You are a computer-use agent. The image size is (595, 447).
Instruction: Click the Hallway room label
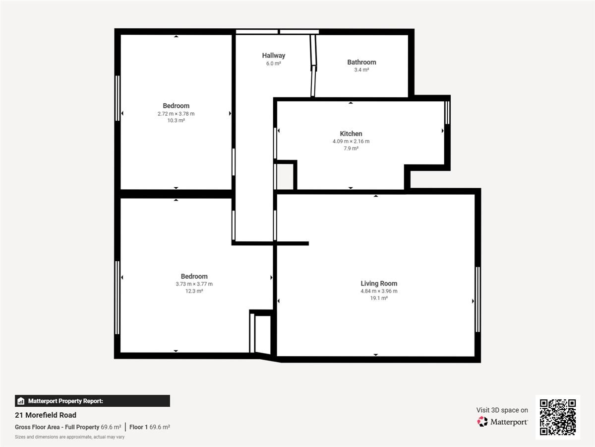coord(274,56)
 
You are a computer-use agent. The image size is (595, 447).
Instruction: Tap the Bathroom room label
coord(361,62)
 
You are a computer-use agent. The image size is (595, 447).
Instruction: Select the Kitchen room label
coord(351,134)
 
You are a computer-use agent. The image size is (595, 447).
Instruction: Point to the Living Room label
coord(379,283)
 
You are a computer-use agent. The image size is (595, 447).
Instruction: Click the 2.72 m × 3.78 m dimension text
coord(176,114)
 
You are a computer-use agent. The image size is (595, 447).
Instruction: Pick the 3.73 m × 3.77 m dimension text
coord(194,284)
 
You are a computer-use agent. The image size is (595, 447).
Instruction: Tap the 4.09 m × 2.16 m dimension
coord(351,141)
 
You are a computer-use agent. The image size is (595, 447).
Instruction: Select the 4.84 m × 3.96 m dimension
coord(379,291)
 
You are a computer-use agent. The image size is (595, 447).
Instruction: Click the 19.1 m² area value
coord(379,298)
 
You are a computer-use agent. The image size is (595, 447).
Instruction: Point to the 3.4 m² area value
coord(361,70)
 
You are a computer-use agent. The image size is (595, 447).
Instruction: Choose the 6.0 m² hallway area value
coord(273,64)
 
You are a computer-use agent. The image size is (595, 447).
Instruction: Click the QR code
coord(558,417)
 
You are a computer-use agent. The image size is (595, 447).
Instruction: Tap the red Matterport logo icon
coord(482,422)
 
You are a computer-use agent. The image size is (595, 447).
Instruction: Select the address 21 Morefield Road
coord(46,415)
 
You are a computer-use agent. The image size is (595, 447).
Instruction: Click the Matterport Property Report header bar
coord(92,401)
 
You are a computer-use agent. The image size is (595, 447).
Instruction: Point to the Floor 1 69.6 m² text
coord(150,427)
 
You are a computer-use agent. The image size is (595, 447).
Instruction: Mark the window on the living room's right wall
coord(477,299)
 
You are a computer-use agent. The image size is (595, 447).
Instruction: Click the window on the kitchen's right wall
coord(447,113)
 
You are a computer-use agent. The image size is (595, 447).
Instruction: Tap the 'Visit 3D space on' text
coord(502,410)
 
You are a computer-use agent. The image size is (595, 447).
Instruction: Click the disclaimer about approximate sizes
coord(70,437)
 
